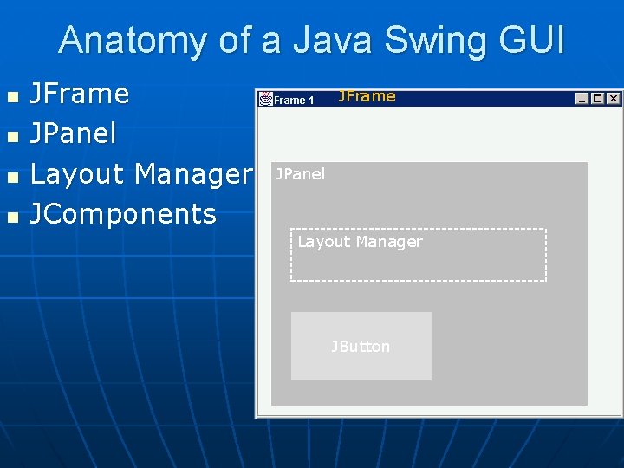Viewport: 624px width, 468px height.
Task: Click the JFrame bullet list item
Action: [80, 94]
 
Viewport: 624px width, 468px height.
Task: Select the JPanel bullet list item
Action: [73, 134]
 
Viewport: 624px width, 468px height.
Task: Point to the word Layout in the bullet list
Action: [77, 174]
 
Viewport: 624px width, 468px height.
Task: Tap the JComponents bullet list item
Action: [123, 214]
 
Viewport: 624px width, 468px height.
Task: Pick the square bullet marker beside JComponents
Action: [11, 216]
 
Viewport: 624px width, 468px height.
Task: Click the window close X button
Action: [613, 99]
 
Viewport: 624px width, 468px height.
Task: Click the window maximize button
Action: [598, 99]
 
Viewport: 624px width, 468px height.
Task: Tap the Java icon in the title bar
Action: [266, 99]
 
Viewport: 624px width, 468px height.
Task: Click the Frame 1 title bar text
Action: [295, 101]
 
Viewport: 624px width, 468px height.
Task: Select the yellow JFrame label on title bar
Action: [367, 96]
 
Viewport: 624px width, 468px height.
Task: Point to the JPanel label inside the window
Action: [300, 174]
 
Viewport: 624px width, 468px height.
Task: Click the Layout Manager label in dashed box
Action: [360, 242]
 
